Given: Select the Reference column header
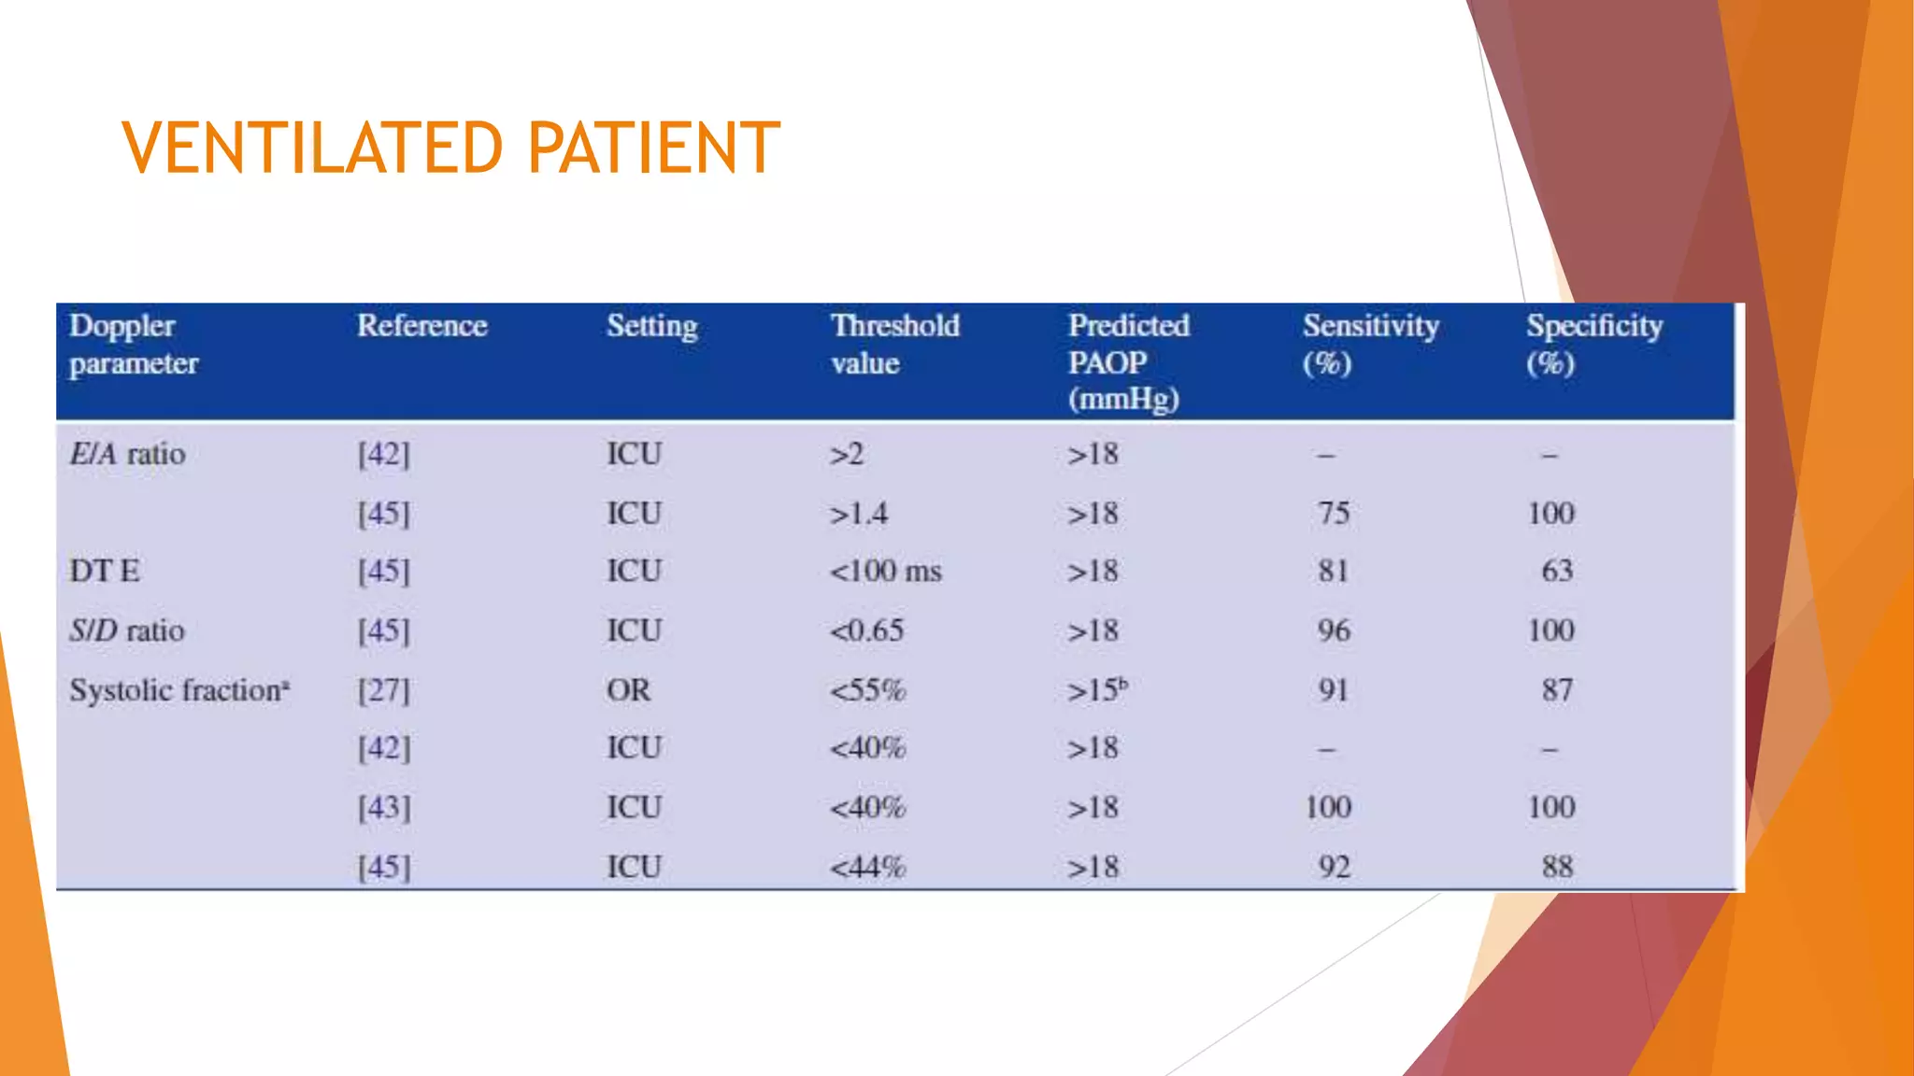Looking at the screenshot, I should click(x=421, y=326).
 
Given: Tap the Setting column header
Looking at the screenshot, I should click(x=651, y=326).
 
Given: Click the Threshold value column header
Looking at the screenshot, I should click(x=894, y=344).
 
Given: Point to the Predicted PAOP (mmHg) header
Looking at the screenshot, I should click(x=1128, y=362).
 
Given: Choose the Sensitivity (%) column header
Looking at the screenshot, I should click(x=1370, y=344).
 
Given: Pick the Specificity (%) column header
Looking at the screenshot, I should click(x=1593, y=344).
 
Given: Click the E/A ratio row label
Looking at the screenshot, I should click(x=127, y=455).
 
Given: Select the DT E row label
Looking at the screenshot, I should click(x=105, y=571).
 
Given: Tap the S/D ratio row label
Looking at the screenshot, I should click(x=127, y=630).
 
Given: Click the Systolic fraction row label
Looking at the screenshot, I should click(x=179, y=690).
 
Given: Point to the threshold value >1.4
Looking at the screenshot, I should click(x=858, y=514).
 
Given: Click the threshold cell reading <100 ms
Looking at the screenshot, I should click(x=885, y=571).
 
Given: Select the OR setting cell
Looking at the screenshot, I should click(x=628, y=690).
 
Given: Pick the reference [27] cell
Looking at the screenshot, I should click(x=383, y=690).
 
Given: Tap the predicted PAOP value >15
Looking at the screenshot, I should click(x=1096, y=690).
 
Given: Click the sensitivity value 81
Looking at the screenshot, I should click(x=1334, y=571).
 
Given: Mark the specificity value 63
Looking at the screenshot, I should click(x=1557, y=571).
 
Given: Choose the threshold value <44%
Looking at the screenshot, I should click(x=867, y=867).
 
